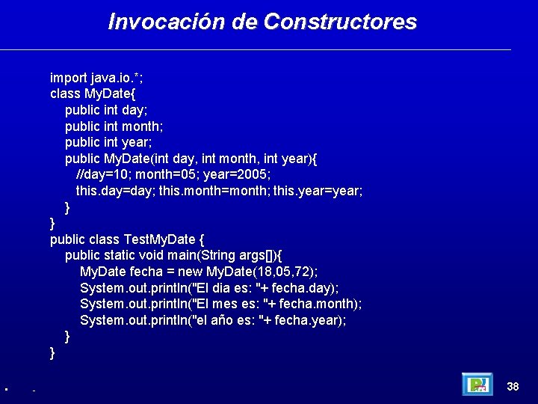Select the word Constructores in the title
click(x=340, y=22)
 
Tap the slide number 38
click(x=513, y=387)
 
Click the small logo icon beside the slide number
click(x=477, y=385)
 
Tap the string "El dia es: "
click(x=225, y=288)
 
